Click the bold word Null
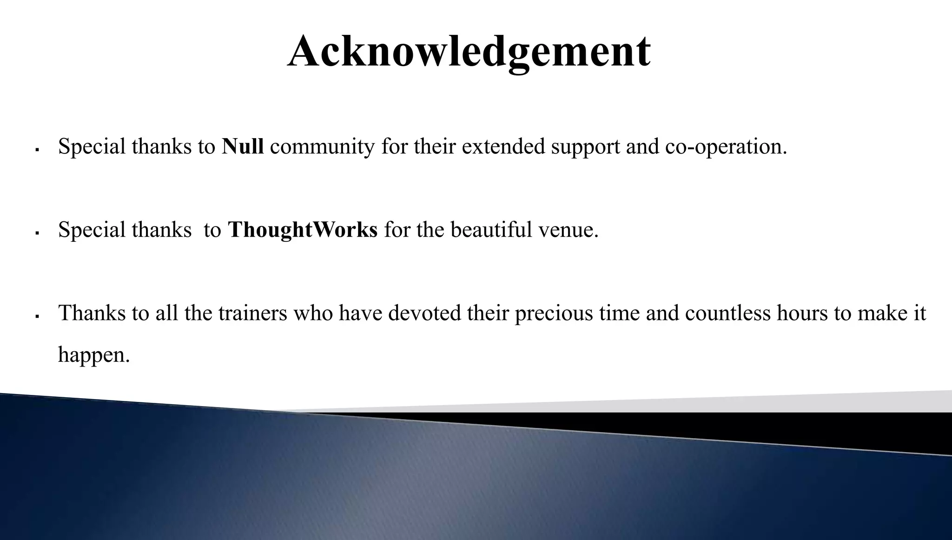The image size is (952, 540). pos(243,147)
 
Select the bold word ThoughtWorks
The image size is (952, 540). pos(303,230)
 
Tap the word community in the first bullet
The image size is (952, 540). pos(322,147)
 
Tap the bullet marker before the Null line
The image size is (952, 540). pos(37,150)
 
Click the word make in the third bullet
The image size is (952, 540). pos(882,313)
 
